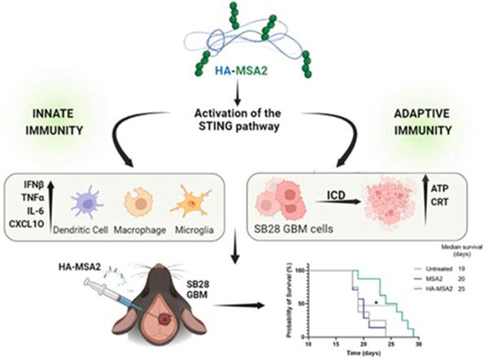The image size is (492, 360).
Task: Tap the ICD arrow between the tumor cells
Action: [338, 202]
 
